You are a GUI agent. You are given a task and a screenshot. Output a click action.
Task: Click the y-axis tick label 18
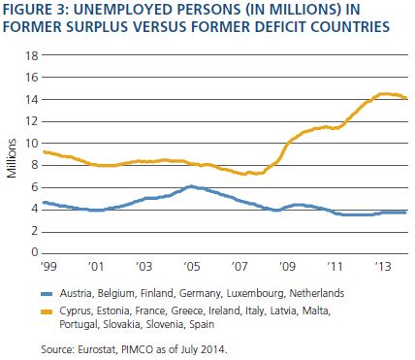(x=31, y=55)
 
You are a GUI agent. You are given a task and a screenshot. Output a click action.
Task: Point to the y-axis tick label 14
(x=31, y=100)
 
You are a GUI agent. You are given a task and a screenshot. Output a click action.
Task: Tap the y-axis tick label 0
(x=35, y=252)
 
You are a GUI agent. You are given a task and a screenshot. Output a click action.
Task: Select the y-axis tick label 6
(x=35, y=187)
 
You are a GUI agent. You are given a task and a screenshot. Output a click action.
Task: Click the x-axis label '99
(x=48, y=266)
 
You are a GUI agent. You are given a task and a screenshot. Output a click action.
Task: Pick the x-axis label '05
(x=192, y=266)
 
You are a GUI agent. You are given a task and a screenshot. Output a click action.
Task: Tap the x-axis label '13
(x=383, y=266)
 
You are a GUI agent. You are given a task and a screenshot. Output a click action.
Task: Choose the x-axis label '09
(x=287, y=266)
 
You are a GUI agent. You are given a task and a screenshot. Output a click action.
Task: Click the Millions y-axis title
(x=12, y=158)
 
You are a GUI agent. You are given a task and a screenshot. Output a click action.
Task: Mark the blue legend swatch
(x=47, y=294)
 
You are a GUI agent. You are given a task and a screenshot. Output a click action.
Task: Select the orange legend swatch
(x=47, y=311)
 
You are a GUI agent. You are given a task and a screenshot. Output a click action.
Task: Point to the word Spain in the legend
(x=202, y=324)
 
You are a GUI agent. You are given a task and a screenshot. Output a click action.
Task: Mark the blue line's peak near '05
(x=191, y=186)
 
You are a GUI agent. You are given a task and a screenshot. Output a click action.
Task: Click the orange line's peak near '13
(x=383, y=94)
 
